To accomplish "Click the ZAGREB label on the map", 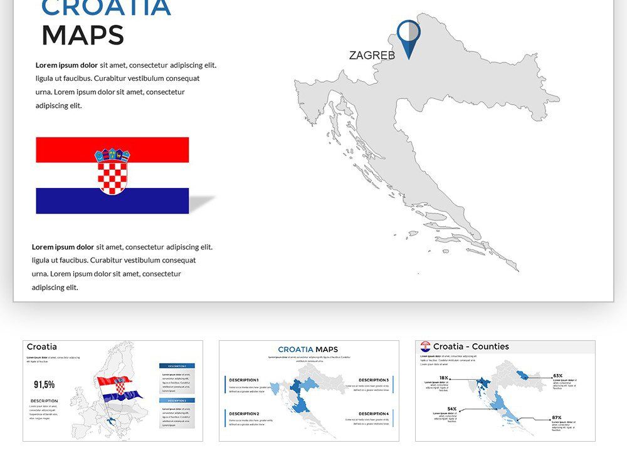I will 372,55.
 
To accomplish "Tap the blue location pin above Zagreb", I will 409,35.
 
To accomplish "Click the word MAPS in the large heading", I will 83,36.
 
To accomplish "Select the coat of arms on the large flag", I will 112,170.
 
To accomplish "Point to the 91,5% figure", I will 44,384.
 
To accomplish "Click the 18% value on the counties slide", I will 443,378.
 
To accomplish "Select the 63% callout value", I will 557,376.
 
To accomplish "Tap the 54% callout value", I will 451,409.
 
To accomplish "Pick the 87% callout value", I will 556,417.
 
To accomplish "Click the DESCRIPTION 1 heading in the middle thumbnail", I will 243,380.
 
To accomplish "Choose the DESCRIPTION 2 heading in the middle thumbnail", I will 243,414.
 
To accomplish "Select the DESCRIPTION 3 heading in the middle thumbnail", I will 374,380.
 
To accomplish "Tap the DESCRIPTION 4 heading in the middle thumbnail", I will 374,414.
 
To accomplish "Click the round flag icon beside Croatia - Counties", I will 426,346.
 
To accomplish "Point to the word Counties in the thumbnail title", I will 490,346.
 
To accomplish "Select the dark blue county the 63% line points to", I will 522,375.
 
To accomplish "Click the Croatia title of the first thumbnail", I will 41,346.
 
